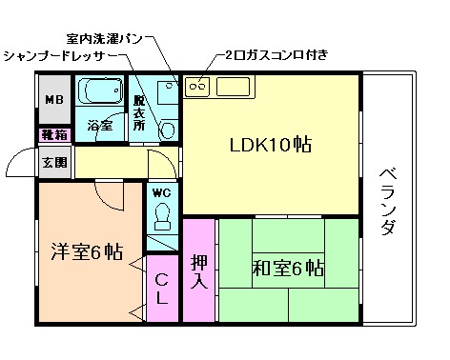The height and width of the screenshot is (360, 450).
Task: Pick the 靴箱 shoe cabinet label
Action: click(x=52, y=135)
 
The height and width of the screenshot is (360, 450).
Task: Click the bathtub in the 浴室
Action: click(x=102, y=93)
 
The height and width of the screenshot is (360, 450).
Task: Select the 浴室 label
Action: click(x=99, y=125)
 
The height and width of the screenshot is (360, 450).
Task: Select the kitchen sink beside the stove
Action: click(x=235, y=86)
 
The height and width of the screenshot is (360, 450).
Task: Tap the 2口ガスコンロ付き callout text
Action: click(x=277, y=54)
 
